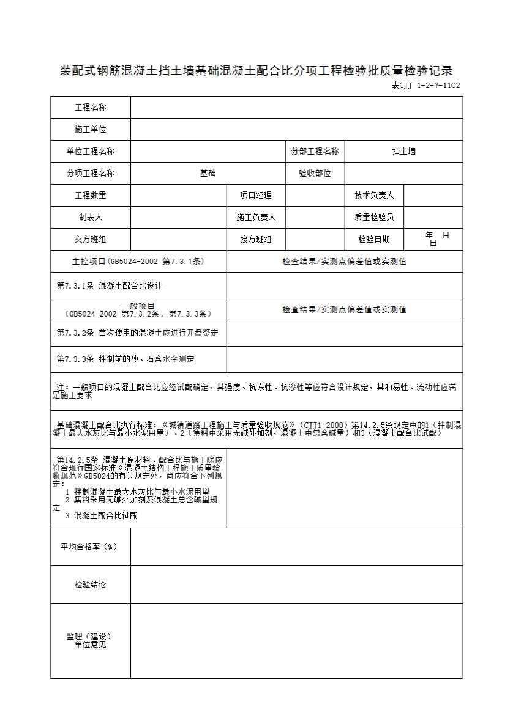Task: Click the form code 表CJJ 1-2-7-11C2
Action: pos(425,86)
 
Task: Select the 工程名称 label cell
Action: pos(91,108)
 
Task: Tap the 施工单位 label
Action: pos(91,130)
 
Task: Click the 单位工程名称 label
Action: pos(91,152)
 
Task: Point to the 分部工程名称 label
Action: pos(315,152)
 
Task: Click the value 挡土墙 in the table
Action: pos(403,152)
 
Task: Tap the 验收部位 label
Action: pos(315,174)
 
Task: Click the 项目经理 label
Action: pos(256,196)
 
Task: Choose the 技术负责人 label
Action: pos(374,196)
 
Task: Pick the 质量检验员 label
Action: pos(374,217)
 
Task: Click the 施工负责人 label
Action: pos(256,217)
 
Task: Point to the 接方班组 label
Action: pos(256,240)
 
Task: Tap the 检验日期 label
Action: pos(374,240)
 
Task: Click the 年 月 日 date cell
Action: pos(433,238)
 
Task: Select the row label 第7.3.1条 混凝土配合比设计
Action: pos(110,285)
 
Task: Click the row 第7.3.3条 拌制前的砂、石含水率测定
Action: pos(125,359)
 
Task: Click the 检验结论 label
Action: pos(91,585)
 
